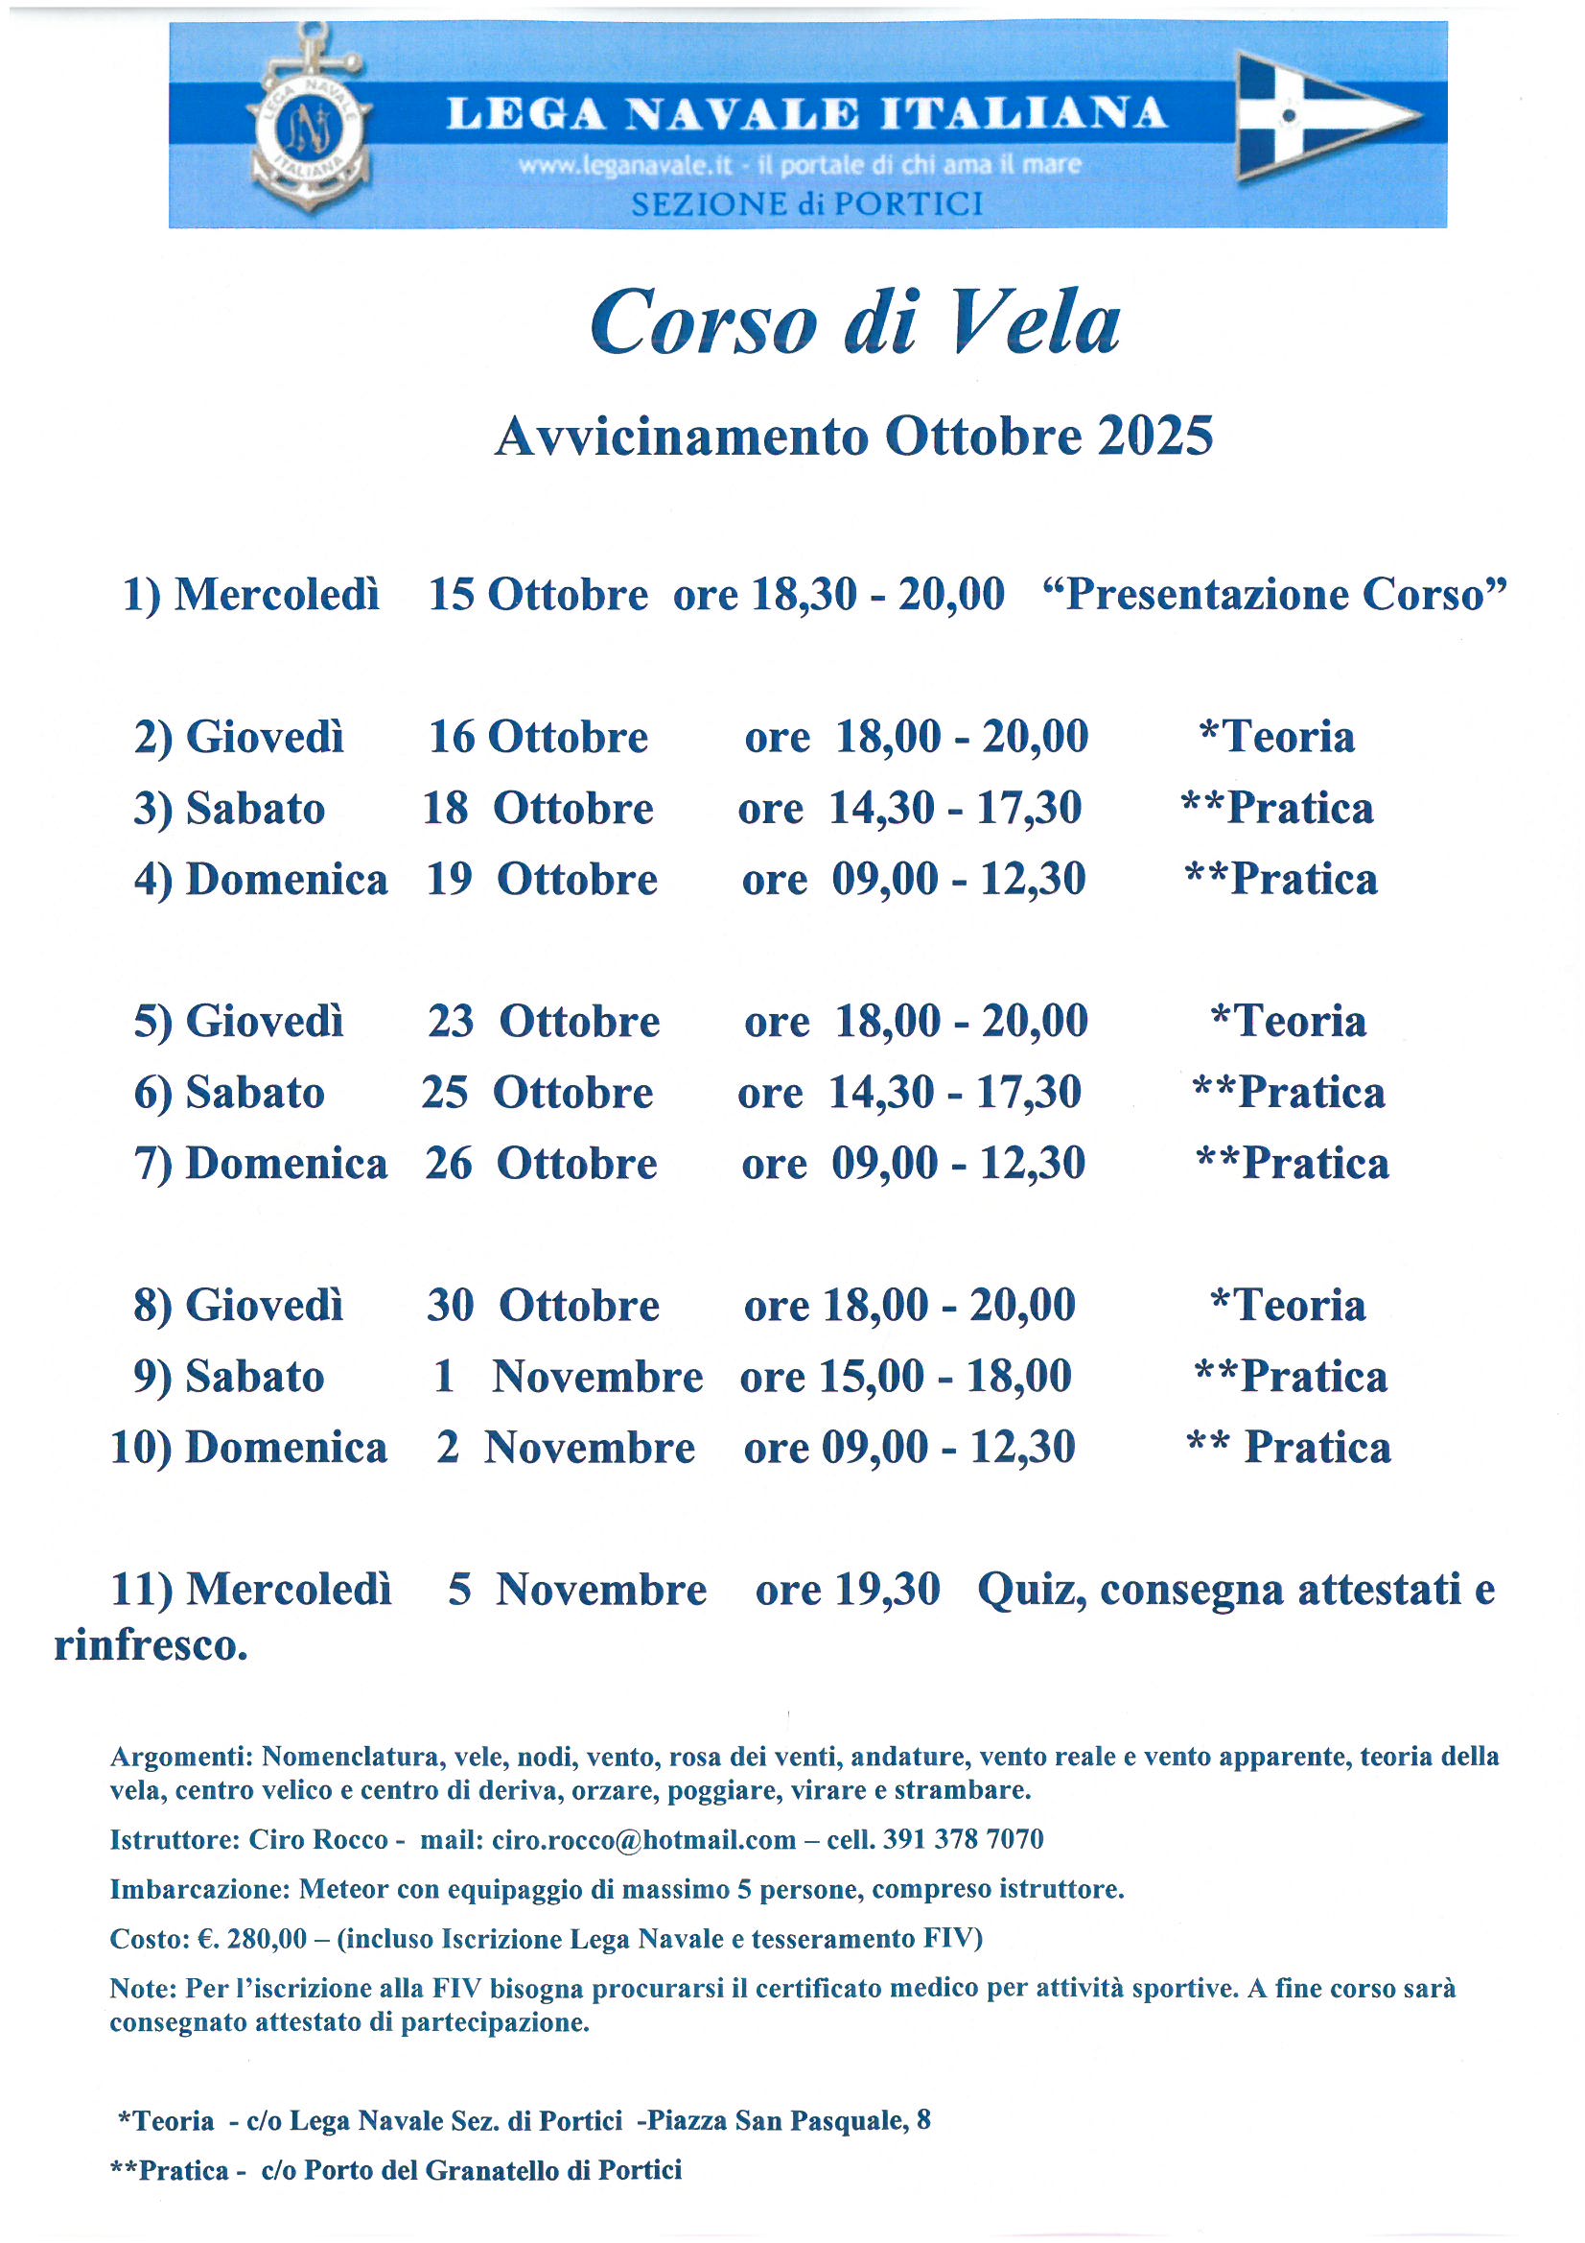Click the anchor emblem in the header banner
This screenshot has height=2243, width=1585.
310,122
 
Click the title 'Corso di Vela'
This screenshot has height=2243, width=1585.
854,322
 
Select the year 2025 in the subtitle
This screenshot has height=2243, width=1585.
1154,436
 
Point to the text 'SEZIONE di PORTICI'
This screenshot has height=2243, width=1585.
806,204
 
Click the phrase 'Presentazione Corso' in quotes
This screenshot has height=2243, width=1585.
1274,594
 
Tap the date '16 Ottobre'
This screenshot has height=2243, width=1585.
538,737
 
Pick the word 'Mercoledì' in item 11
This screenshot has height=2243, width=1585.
289,1590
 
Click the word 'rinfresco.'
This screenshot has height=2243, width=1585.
151,1645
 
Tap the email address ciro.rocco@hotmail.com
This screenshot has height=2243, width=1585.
643,1839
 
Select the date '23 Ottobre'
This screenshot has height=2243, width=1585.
544,1022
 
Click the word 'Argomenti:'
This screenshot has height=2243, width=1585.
181,1757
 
